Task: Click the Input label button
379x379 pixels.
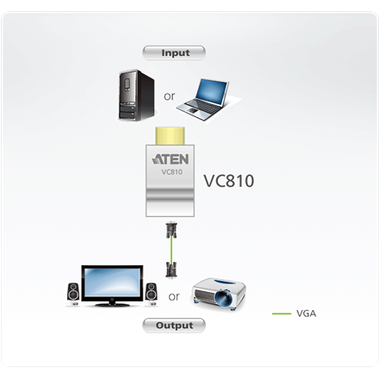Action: point(175,53)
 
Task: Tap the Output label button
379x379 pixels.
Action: point(174,326)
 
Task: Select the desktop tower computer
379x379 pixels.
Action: point(135,96)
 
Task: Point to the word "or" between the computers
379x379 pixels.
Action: point(169,96)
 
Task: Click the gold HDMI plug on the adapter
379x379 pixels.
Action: point(173,137)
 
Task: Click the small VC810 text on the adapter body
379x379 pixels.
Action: point(173,172)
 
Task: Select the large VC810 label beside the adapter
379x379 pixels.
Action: point(228,182)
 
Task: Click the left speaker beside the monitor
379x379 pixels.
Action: point(72,293)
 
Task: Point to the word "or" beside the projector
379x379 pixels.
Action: point(174,296)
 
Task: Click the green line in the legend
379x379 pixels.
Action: point(281,314)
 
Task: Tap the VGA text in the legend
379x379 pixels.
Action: point(306,314)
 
